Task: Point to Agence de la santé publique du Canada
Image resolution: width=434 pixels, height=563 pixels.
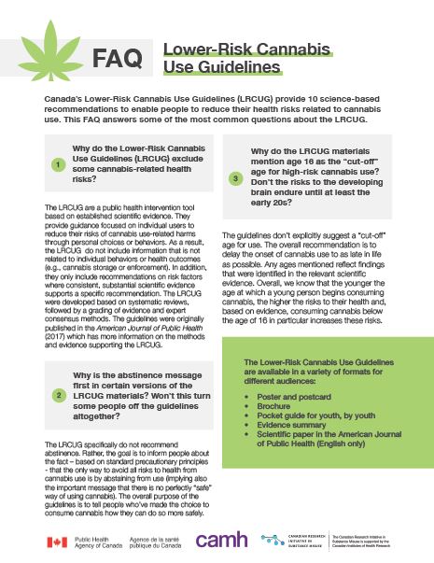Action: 158,542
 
